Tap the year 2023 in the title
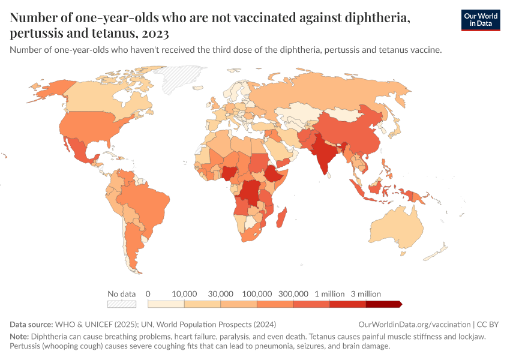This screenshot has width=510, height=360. click(x=155, y=33)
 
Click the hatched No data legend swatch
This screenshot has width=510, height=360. click(x=121, y=304)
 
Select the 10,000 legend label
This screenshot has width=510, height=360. click(x=185, y=294)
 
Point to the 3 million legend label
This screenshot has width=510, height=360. click(x=366, y=294)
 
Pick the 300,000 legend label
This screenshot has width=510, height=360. click(x=293, y=294)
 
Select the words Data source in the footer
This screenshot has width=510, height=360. click(x=32, y=325)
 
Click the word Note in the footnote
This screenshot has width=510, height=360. click(x=19, y=336)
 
